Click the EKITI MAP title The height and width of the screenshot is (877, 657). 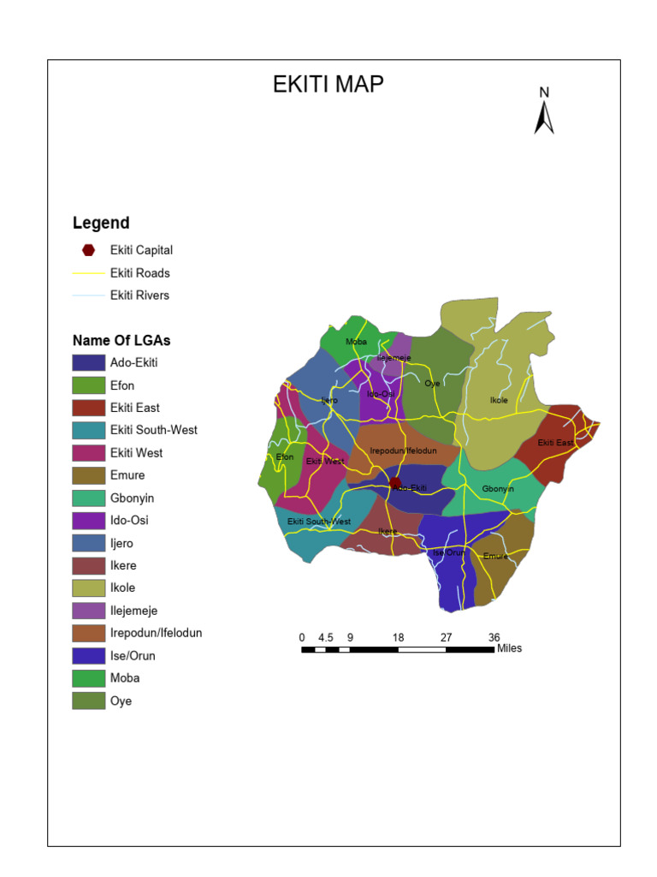click(x=328, y=84)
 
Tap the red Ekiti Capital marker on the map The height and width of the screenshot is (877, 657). click(x=394, y=483)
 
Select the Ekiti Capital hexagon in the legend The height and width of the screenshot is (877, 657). click(x=88, y=250)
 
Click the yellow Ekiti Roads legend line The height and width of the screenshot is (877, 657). click(x=88, y=273)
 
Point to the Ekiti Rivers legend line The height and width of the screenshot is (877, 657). click(x=88, y=295)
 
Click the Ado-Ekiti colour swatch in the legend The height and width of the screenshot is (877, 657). click(x=88, y=363)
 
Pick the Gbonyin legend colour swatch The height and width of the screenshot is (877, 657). click(x=88, y=498)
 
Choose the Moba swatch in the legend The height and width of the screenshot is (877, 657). click(x=88, y=678)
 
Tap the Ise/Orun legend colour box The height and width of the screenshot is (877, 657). click(x=88, y=656)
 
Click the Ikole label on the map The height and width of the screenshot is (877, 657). click(x=499, y=400)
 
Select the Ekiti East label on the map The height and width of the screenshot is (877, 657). click(x=555, y=443)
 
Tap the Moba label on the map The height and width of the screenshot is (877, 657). click(x=356, y=342)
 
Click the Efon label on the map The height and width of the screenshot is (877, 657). click(x=285, y=456)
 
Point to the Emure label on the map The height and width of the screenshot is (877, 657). click(x=495, y=556)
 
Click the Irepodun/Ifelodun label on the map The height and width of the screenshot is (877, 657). click(x=403, y=450)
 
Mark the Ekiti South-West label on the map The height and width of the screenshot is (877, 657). click(x=318, y=522)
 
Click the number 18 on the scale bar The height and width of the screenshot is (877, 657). click(x=398, y=637)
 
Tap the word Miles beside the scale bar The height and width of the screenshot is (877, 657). click(x=509, y=648)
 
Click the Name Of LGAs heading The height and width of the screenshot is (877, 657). click(x=121, y=340)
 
